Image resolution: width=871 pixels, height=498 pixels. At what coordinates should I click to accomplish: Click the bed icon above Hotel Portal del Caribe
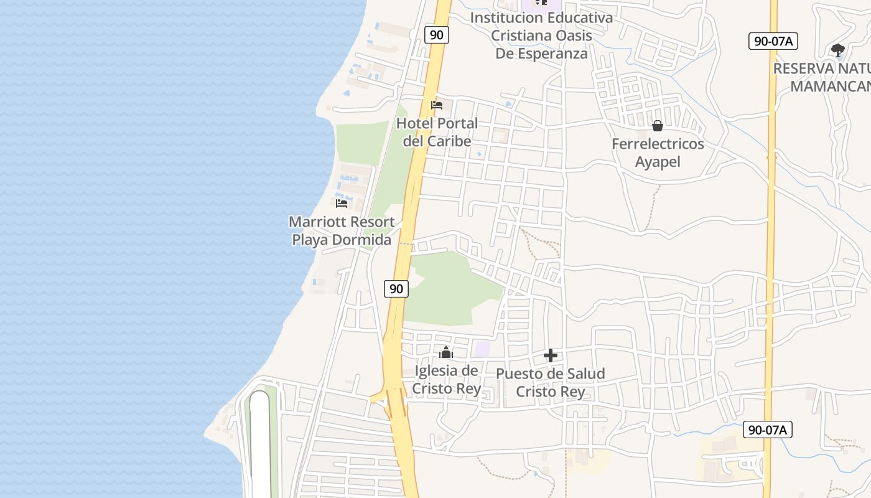tap(437, 105)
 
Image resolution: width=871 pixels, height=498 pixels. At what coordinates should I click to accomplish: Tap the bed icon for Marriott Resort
tap(342, 203)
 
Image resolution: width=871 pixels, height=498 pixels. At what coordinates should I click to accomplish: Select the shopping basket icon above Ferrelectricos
tap(658, 126)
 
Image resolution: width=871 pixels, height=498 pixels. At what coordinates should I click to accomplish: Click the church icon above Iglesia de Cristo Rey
tap(445, 353)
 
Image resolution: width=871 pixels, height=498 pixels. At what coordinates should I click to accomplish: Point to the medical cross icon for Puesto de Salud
tap(551, 355)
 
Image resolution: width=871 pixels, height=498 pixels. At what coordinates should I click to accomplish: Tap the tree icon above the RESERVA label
tap(838, 50)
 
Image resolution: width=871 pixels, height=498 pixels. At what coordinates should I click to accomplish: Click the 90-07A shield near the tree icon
tap(773, 41)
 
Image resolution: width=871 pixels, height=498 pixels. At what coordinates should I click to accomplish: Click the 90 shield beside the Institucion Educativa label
tap(437, 35)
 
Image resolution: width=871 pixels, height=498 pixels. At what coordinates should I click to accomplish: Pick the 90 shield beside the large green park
tap(396, 288)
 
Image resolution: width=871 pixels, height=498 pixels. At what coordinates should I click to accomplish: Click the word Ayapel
tap(658, 162)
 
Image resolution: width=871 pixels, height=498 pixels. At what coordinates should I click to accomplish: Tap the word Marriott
tap(315, 222)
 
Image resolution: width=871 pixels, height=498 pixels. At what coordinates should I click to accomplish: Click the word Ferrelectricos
tap(658, 144)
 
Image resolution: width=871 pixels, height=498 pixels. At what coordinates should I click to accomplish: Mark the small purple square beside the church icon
tap(482, 349)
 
